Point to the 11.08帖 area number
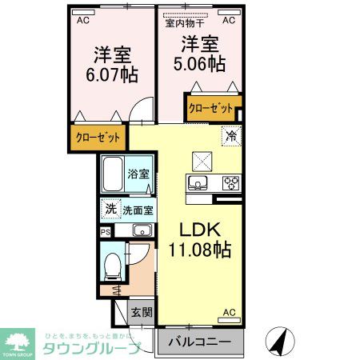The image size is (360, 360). [x=199, y=250]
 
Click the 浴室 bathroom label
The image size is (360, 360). [x=138, y=174]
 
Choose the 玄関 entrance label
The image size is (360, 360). [x=141, y=312]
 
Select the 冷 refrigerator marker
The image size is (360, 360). [x=230, y=135]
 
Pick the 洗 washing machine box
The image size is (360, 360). [x=111, y=210]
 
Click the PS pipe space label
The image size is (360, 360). [x=106, y=231]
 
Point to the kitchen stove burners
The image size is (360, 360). [x=231, y=183]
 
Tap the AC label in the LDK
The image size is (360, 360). [x=229, y=312]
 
